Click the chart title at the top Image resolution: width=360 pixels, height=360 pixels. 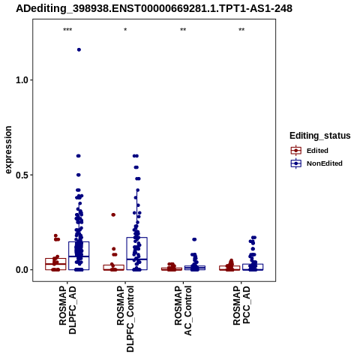click(x=154, y=8)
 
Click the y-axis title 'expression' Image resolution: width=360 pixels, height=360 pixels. click(x=8, y=150)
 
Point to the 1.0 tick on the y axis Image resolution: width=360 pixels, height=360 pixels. click(x=21, y=80)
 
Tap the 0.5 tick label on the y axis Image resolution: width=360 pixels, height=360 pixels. click(x=21, y=175)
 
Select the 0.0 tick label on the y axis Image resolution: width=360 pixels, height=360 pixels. click(x=21, y=270)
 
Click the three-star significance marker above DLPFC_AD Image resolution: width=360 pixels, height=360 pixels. click(x=67, y=30)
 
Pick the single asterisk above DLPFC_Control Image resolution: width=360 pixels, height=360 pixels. click(x=125, y=30)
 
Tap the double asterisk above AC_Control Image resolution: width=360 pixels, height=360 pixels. click(x=183, y=30)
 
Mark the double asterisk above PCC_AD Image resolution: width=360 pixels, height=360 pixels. click(x=241, y=30)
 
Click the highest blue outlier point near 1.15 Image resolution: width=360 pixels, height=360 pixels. click(x=79, y=49)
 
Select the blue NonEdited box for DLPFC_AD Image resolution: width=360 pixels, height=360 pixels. click(x=79, y=256)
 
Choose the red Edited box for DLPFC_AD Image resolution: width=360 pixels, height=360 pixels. click(x=55, y=264)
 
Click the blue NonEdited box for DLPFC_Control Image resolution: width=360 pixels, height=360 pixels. click(x=137, y=253)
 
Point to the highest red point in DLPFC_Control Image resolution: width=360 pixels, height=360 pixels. click(x=113, y=214)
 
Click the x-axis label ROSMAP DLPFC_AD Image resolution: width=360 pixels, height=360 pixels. click(x=67, y=310)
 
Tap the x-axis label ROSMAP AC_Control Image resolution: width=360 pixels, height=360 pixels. click(x=183, y=310)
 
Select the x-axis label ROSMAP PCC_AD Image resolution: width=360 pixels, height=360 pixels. click(x=241, y=305)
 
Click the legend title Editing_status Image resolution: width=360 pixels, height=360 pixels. click(x=320, y=136)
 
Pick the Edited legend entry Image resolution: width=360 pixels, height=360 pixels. click(x=310, y=151)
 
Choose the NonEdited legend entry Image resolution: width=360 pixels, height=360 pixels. click(x=316, y=163)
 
